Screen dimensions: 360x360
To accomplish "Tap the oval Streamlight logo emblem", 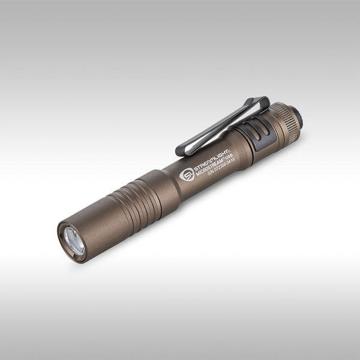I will coord(187,175).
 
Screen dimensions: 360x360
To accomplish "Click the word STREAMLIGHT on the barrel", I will coord(209,159).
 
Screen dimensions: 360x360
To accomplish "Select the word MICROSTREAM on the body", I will coord(211,167).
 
